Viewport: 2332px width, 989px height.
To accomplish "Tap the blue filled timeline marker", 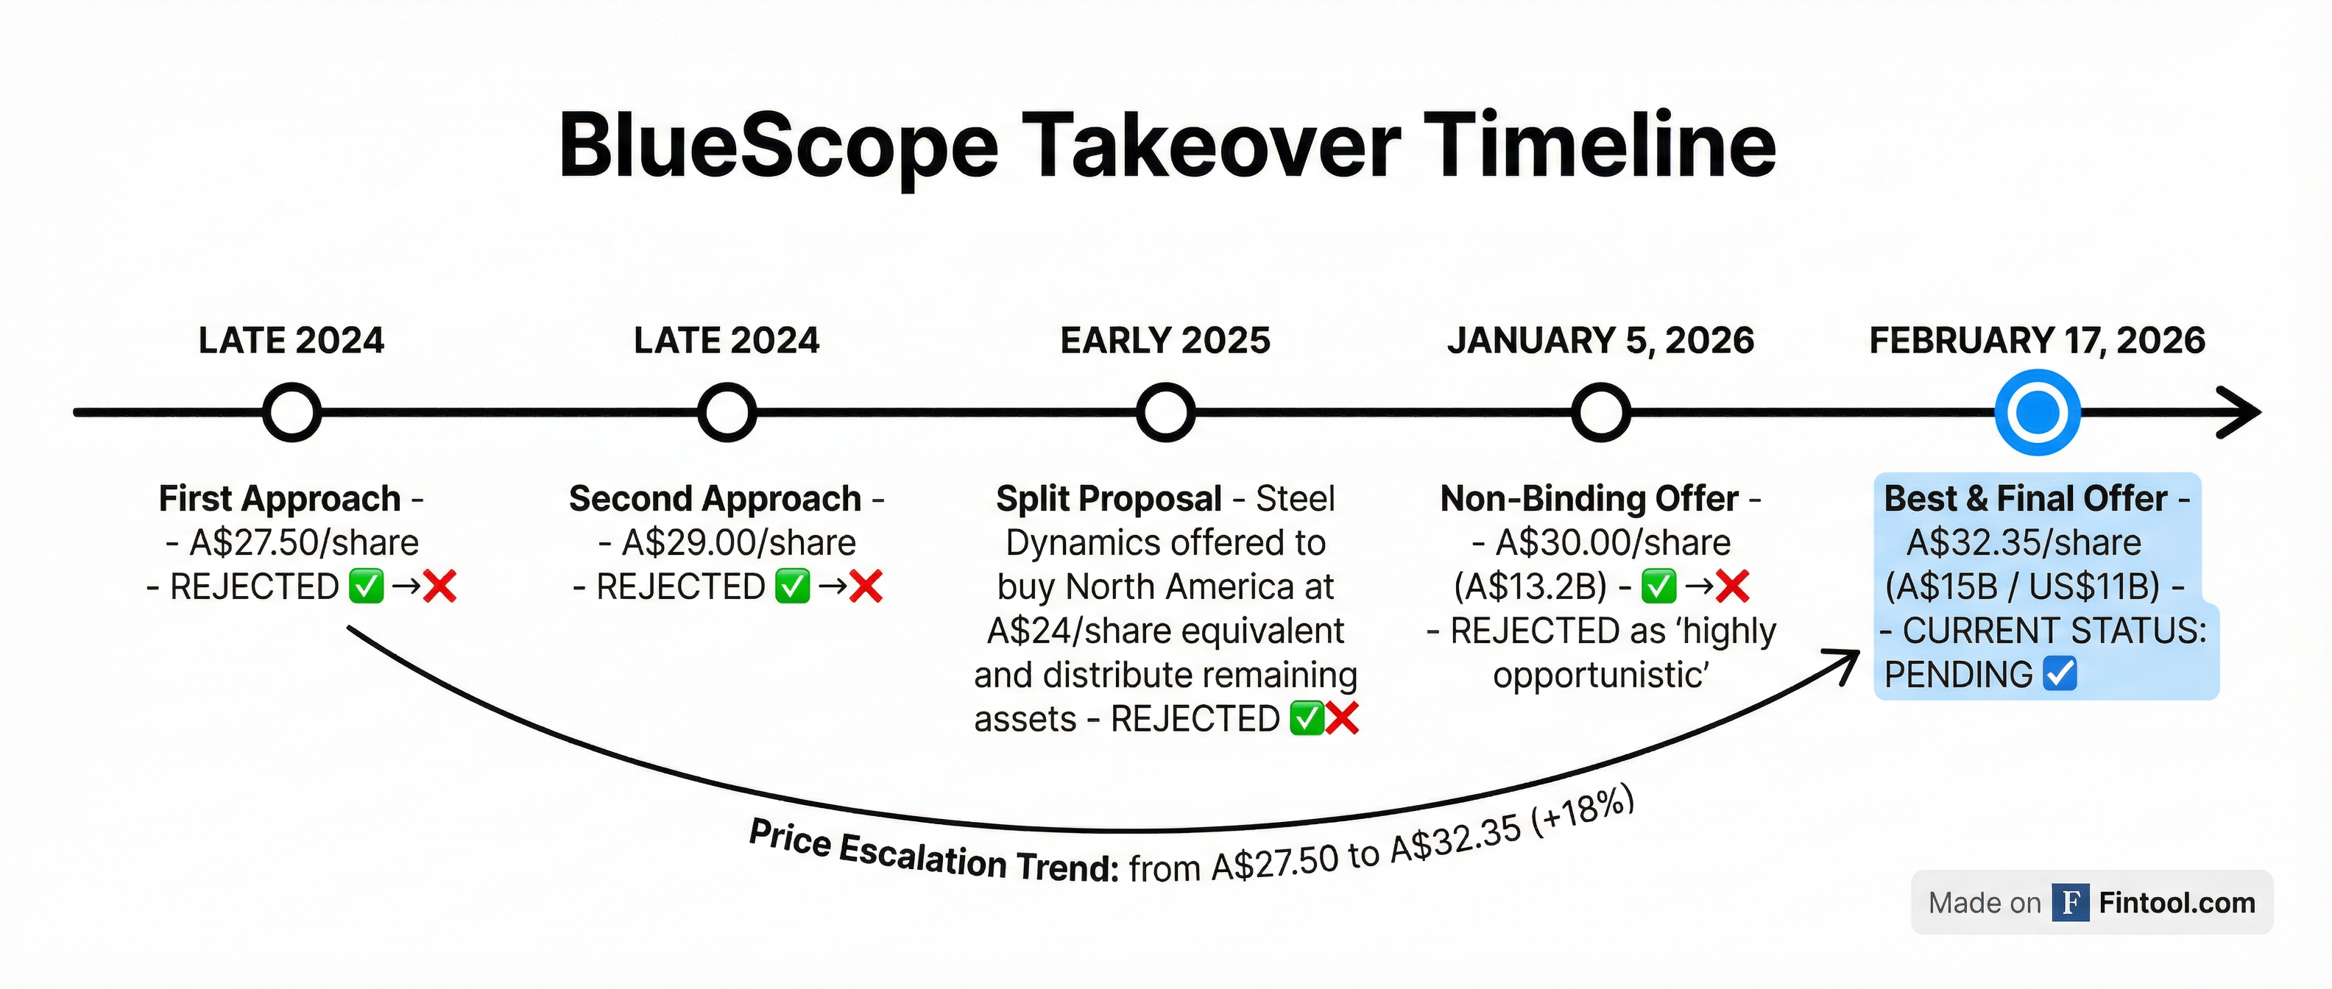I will tap(2037, 413).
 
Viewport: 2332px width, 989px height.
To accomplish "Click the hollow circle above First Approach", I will tap(291, 413).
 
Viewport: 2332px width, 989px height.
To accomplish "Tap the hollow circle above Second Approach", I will tap(727, 413).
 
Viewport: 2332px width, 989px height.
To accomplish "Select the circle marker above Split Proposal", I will tap(1165, 413).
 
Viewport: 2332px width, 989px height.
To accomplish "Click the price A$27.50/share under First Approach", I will tap(303, 543).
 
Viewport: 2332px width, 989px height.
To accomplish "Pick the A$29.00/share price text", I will tap(739, 543).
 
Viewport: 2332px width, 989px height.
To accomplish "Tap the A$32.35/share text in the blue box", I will tap(2024, 543).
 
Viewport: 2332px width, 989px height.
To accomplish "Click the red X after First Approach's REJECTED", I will tap(440, 586).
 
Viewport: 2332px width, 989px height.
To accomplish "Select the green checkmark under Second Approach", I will tap(792, 586).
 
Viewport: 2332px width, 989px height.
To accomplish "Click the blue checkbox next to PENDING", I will tap(2060, 674).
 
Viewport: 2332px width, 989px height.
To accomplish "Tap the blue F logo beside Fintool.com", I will tap(2069, 902).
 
